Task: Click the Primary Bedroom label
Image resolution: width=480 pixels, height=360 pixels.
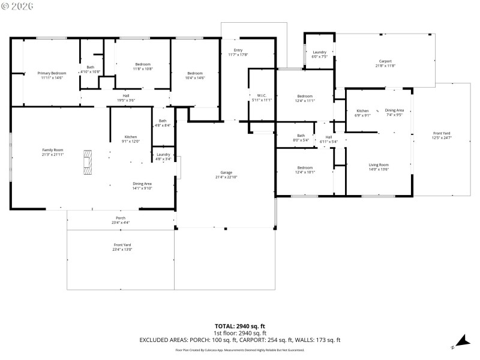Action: (52, 75)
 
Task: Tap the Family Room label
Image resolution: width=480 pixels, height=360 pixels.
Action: (52, 152)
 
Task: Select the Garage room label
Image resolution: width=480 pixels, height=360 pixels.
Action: (226, 175)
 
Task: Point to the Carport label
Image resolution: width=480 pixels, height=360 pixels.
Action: (385, 63)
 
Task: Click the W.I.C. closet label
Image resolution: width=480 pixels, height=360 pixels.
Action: (262, 97)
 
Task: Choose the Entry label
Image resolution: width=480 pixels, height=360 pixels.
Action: (238, 52)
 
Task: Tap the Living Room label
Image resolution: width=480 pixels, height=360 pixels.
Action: (379, 167)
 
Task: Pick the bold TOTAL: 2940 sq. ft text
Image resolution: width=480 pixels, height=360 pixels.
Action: (240, 326)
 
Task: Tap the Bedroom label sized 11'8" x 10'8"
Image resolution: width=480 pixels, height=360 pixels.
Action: (142, 66)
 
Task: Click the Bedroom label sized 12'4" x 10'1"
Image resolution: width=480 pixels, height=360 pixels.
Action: (304, 170)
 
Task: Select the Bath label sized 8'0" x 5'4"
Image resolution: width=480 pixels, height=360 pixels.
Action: (301, 137)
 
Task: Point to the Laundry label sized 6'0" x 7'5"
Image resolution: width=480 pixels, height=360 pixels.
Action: (319, 54)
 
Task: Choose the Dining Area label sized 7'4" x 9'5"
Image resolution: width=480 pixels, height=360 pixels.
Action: (394, 112)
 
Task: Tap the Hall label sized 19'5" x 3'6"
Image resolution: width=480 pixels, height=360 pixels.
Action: (126, 98)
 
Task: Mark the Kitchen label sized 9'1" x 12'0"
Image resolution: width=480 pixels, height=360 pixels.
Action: (131, 139)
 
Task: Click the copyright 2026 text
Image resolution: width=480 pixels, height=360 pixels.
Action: (17, 5)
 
